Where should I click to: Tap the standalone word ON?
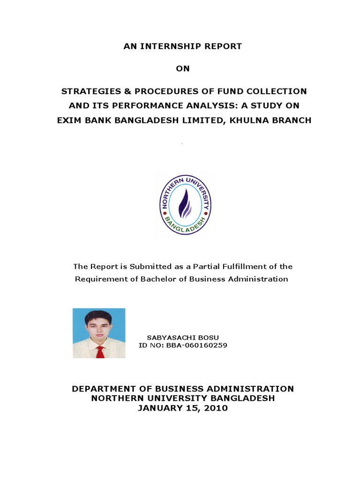pos(183,68)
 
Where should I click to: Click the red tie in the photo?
pos(100,351)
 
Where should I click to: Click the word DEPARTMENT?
pos(104,389)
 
